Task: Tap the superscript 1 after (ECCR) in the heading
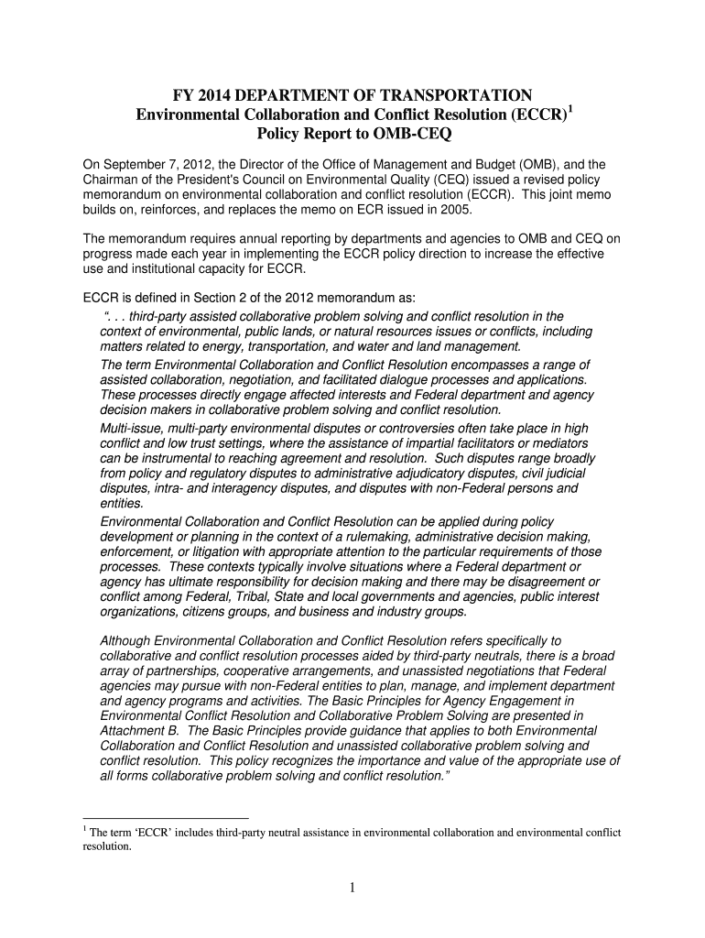tap(569, 109)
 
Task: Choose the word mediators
tap(561, 443)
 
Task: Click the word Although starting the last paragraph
tap(127, 641)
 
